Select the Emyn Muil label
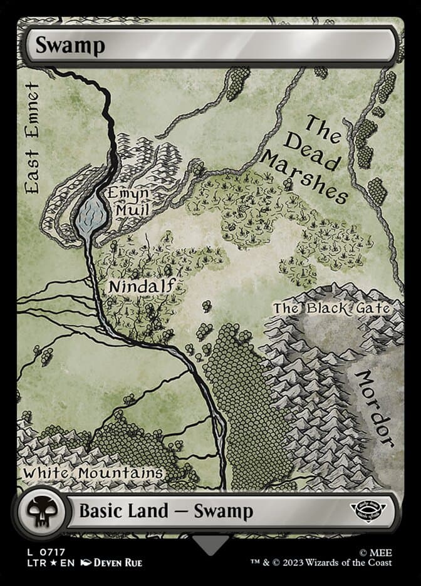[127, 201]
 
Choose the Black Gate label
[331, 308]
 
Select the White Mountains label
[93, 473]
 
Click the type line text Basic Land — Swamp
[166, 511]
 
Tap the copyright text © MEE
[379, 551]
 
